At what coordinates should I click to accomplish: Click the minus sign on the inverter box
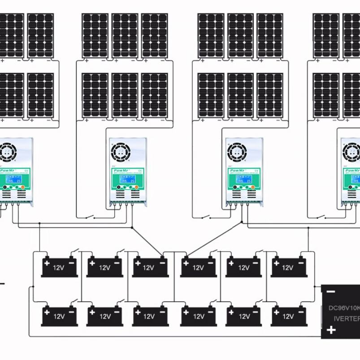click(330, 291)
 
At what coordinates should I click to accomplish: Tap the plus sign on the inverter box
click(330, 330)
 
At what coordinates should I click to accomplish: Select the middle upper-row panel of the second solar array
click(125, 35)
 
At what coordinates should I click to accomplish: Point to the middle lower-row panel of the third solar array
click(240, 95)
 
